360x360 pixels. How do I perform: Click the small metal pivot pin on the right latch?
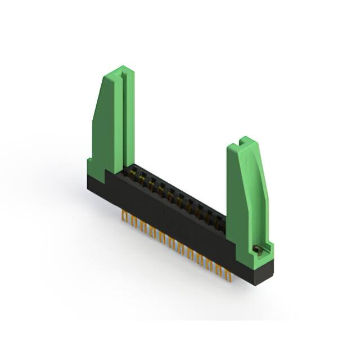[x=258, y=248]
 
